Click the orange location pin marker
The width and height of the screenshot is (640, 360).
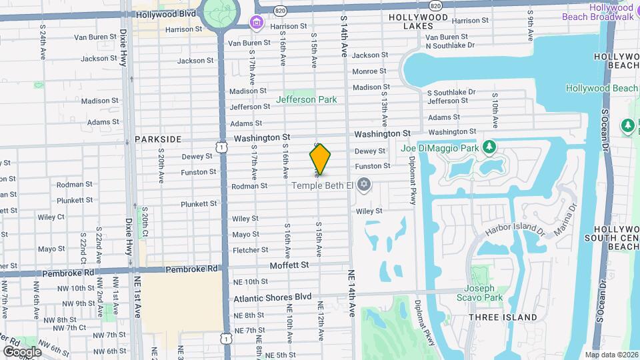[320, 159]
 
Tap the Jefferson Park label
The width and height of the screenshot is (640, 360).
[307, 100]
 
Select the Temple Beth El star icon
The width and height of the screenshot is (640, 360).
[363, 184]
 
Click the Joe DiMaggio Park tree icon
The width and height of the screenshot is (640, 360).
[489, 147]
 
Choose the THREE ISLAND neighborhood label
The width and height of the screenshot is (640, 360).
[503, 317]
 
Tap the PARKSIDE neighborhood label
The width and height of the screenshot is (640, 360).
[158, 139]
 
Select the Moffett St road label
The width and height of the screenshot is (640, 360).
[289, 265]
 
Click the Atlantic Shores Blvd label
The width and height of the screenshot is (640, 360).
[273, 297]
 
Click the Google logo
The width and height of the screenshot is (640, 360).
[22, 351]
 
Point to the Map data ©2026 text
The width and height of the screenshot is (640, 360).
[611, 355]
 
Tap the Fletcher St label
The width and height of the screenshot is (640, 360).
[250, 250]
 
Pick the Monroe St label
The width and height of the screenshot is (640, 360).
[369, 71]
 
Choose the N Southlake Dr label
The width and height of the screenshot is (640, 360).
[450, 45]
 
